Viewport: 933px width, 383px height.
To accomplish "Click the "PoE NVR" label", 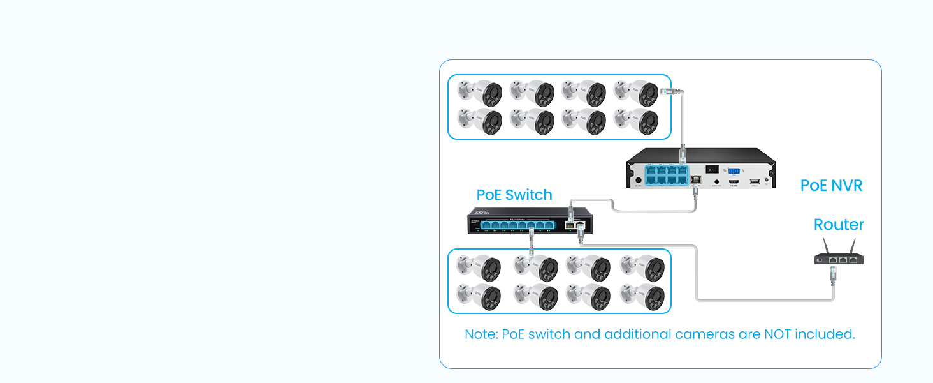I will click(831, 186).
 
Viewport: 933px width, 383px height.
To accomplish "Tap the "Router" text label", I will click(839, 225).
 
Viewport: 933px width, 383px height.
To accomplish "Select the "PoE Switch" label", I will click(514, 195).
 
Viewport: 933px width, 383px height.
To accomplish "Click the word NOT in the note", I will click(783, 334).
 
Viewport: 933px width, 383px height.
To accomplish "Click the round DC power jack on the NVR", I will click(638, 181).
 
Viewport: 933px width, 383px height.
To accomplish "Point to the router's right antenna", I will click(853, 246).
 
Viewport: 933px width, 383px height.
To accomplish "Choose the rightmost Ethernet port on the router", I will click(853, 260).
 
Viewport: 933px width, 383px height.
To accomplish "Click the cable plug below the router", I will click(832, 276).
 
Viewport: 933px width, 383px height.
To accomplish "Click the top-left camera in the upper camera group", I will click(480, 93).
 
